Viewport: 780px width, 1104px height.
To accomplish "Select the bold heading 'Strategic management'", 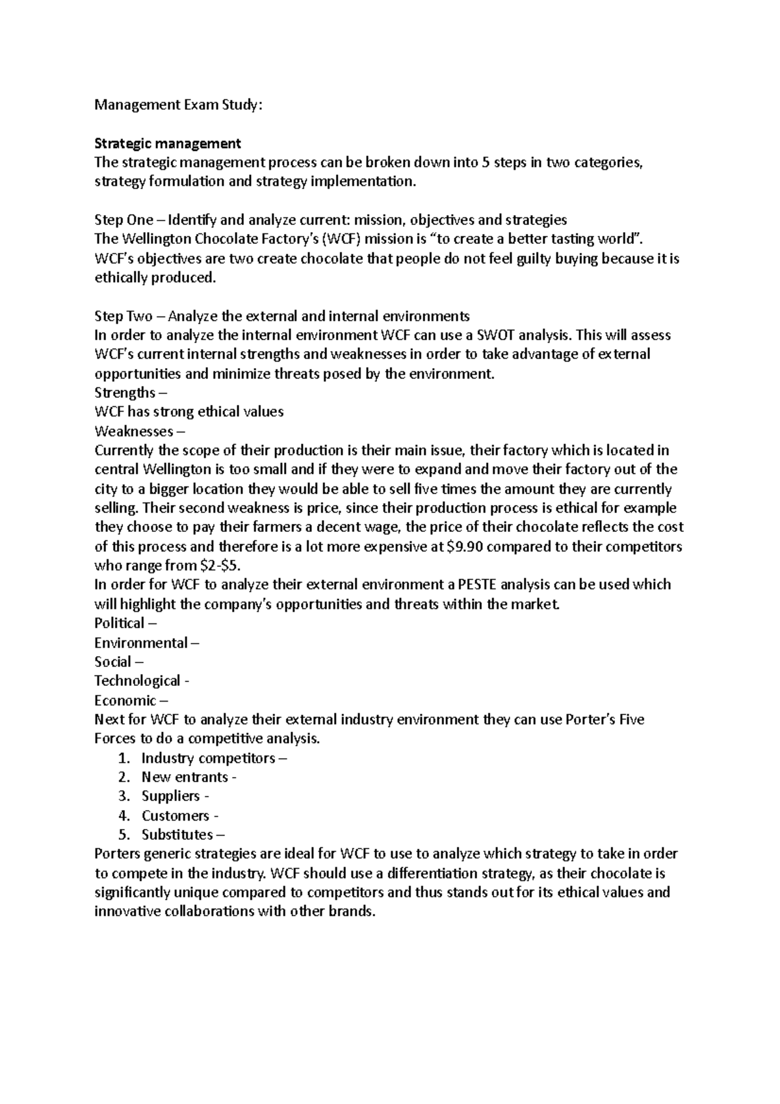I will (168, 143).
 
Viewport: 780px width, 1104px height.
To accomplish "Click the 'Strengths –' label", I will (130, 393).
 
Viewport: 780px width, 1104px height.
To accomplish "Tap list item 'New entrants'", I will (185, 777).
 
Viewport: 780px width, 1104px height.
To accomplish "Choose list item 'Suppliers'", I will (171, 796).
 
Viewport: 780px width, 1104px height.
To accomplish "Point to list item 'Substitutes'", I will (177, 834).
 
